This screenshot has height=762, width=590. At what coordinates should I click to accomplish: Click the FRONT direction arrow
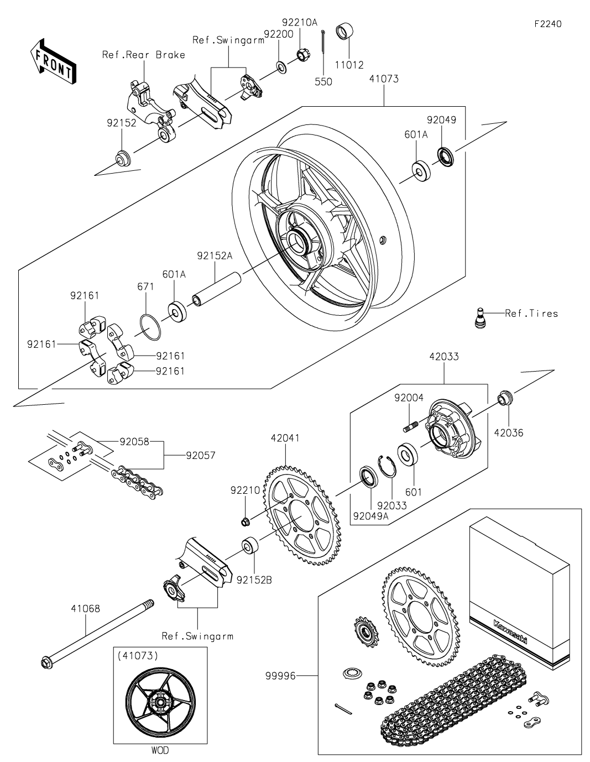click(x=53, y=62)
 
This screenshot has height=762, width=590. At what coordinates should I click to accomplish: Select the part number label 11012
click(x=349, y=65)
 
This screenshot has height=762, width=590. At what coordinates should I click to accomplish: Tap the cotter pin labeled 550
click(x=323, y=43)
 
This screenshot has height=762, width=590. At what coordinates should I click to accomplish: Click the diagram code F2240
click(x=548, y=24)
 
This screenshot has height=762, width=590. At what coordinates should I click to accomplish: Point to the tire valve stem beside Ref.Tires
click(x=481, y=318)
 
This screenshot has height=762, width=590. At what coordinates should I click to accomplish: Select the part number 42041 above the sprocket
click(x=285, y=438)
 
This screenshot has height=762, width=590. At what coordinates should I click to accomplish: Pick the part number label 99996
click(x=280, y=676)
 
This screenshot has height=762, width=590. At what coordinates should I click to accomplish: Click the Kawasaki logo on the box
click(x=510, y=632)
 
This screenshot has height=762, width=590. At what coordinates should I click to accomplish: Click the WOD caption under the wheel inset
click(x=160, y=750)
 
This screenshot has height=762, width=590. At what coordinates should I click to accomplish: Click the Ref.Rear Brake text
click(x=144, y=55)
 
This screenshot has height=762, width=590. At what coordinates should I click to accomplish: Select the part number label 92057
click(x=201, y=456)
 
